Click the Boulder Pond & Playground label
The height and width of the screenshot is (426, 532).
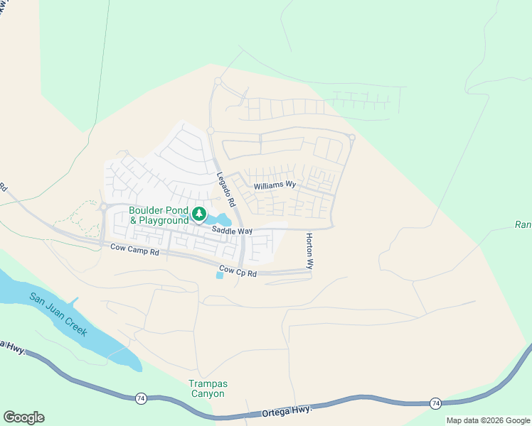pos(159,216)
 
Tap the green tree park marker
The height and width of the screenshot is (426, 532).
pos(200,214)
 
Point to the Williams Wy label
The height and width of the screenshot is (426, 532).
pos(275,185)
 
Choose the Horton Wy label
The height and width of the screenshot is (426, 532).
pos(309,251)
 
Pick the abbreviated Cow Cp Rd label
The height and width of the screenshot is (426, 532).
pos(238,271)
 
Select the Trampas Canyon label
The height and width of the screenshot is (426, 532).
pos(207,388)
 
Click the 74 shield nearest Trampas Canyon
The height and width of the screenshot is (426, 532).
pos(141,399)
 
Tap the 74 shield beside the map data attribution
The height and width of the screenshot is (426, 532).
pos(435,403)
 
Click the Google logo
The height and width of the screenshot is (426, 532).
pos(23,417)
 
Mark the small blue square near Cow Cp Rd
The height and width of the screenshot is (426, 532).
pos(219,275)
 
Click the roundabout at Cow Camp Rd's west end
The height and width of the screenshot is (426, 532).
pos(104,207)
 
